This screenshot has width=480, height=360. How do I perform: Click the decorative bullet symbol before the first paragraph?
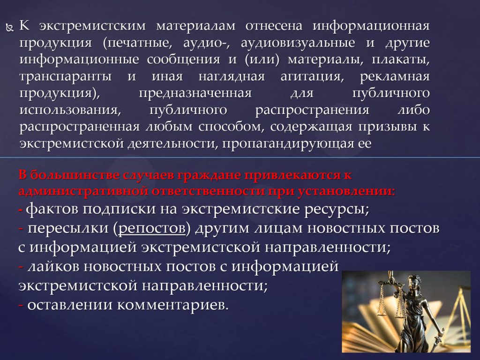(10, 28)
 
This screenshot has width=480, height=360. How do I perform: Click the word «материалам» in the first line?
(196, 26)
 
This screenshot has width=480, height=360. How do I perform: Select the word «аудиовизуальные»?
(298, 43)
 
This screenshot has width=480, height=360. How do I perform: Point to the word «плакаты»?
(400, 60)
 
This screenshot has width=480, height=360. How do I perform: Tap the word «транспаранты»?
(66, 76)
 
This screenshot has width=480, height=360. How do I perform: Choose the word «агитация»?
(312, 76)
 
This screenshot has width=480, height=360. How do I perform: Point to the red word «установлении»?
(346, 191)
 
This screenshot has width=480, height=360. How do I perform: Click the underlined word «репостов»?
(152, 229)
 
